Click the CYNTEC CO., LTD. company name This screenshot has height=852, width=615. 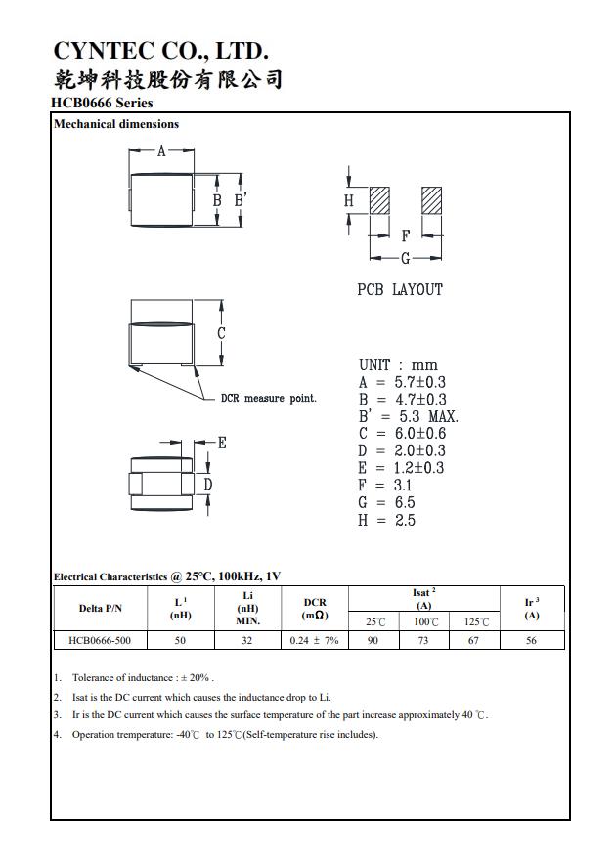(x=160, y=51)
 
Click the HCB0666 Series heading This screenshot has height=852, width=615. (x=102, y=103)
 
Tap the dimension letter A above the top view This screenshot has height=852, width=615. (x=162, y=150)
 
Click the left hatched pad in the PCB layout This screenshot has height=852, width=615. (x=379, y=200)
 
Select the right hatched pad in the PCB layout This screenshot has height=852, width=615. (x=431, y=200)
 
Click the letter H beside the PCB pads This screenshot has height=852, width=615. (x=349, y=200)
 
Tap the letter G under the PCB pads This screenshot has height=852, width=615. (x=405, y=258)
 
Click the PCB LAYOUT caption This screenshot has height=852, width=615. (x=400, y=290)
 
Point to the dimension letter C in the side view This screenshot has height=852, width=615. (x=222, y=333)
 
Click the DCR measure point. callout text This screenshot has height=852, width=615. (x=269, y=399)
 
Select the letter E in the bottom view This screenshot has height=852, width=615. (x=222, y=443)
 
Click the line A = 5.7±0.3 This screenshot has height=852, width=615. (x=402, y=382)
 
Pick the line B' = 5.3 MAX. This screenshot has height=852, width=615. (x=408, y=416)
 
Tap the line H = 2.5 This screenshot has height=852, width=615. (x=387, y=520)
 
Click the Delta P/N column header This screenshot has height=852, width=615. (x=101, y=609)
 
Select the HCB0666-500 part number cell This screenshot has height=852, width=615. (x=101, y=640)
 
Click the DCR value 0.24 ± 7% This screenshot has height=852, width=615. (x=314, y=640)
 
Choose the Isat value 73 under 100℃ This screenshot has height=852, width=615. (x=424, y=640)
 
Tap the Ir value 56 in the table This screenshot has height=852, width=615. (x=531, y=640)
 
